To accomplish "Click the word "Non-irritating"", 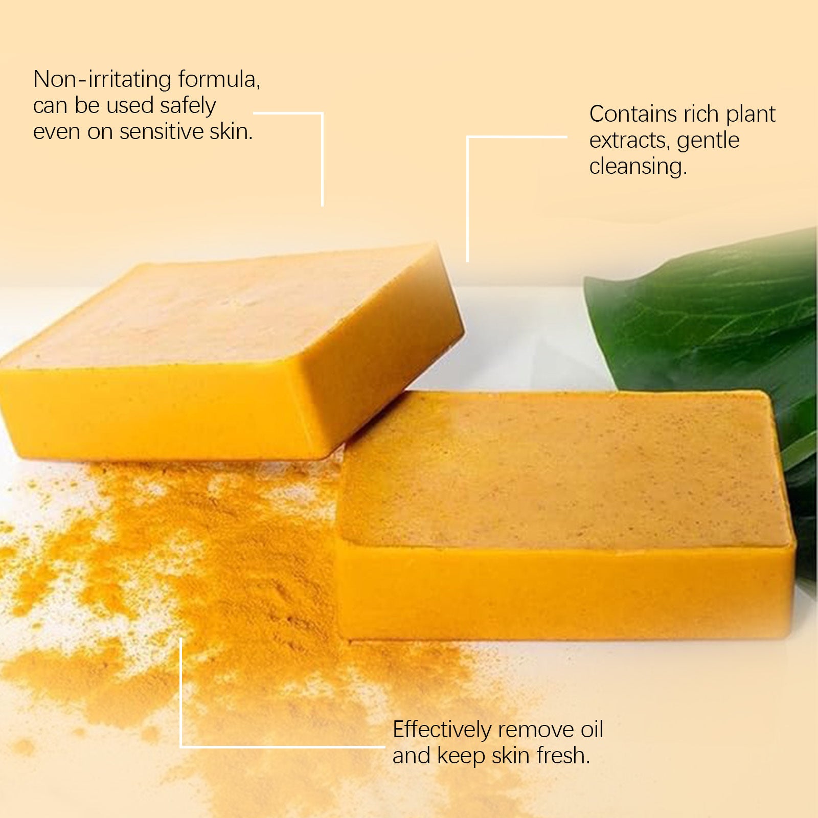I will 102,79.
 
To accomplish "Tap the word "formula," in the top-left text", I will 219,80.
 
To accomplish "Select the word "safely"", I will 188,106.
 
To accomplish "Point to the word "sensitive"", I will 162,132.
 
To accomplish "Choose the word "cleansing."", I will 638,167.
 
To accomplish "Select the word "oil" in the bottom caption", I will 592,730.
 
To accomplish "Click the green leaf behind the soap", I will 716,317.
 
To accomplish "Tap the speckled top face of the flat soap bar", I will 562,470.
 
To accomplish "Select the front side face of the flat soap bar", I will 562,593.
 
